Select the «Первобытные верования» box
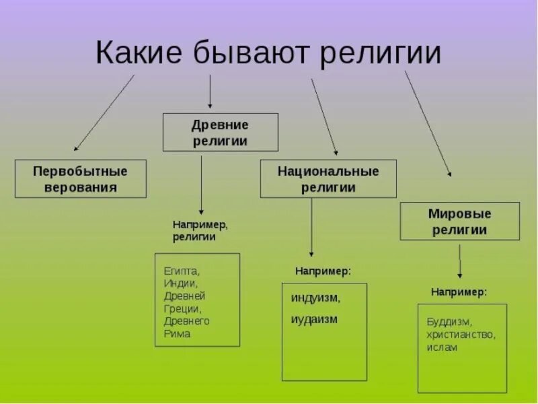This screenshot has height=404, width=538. (81, 178)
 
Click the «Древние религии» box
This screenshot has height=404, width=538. (220, 133)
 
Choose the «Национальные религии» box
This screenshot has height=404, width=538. (328, 178)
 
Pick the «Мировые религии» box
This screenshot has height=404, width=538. (460, 222)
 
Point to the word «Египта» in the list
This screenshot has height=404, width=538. (182, 271)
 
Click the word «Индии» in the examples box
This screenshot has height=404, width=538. (180, 283)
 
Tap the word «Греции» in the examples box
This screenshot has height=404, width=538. (182, 308)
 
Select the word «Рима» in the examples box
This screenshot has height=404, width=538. (177, 333)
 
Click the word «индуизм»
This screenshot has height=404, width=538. (315, 297)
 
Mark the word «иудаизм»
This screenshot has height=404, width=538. (314, 318)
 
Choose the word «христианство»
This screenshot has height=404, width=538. (461, 334)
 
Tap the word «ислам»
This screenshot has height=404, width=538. (441, 347)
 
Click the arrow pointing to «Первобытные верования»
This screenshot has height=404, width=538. (104, 112)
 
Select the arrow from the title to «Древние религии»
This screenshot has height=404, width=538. (210, 92)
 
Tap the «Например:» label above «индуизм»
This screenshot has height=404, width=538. (323, 271)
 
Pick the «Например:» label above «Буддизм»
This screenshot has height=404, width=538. (459, 292)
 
